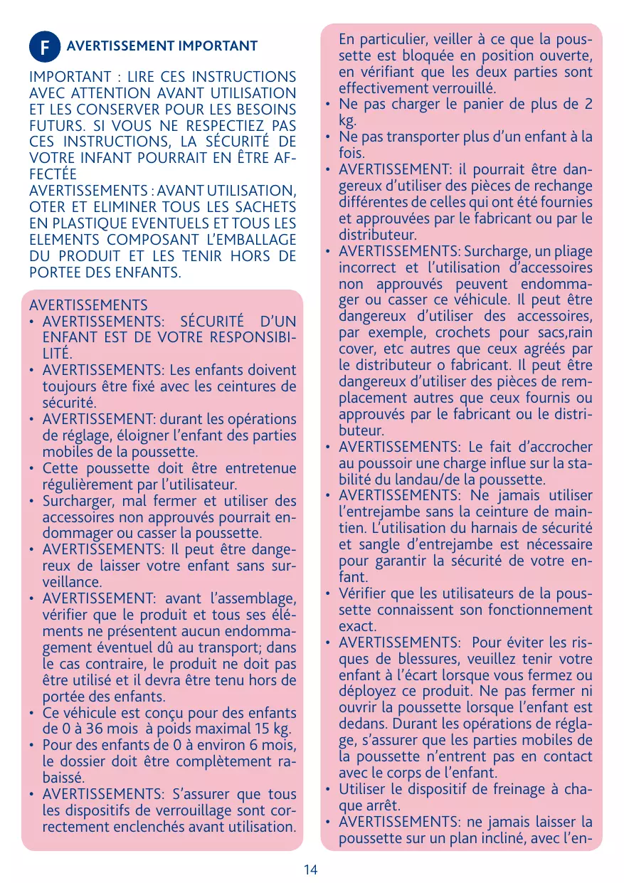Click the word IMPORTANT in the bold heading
coord(221,46)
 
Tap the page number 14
coord(311,869)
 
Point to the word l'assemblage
coord(255,600)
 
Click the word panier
coord(483,105)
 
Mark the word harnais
coord(500,528)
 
